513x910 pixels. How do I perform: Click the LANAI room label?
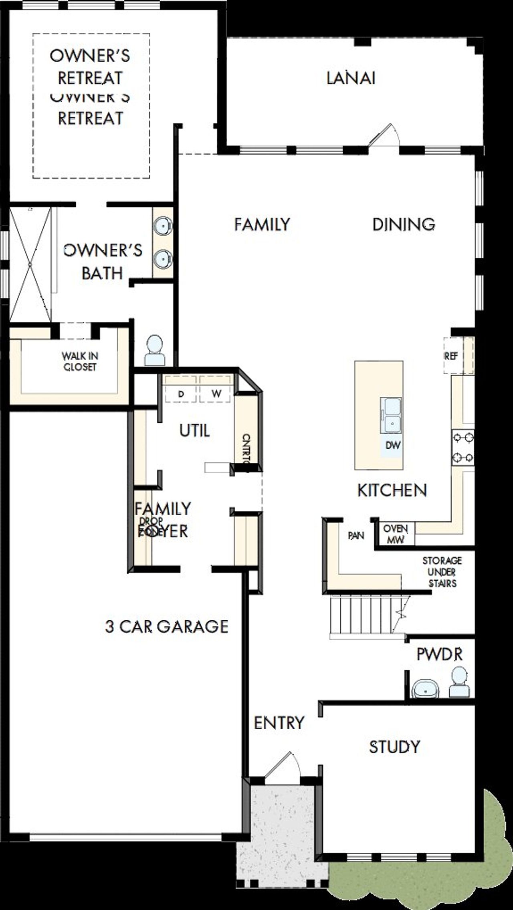[351, 78]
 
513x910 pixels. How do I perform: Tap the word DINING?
[404, 224]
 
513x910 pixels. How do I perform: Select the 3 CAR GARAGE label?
[167, 626]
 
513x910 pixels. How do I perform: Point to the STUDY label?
[394, 747]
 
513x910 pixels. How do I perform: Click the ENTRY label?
[279, 723]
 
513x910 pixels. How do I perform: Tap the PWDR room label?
[439, 654]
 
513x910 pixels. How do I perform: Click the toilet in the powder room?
[459, 682]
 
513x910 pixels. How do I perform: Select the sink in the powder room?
[425, 688]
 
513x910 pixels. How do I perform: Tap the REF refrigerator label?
[451, 356]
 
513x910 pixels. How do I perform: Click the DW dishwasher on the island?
[393, 445]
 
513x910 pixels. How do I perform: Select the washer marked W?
[216, 393]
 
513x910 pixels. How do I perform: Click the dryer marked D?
[181, 394]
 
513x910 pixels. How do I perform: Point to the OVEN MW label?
[395, 534]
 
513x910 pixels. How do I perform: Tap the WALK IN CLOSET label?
[80, 361]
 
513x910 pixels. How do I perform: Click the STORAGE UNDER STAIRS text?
[442, 572]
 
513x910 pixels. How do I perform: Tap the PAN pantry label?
[356, 535]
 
